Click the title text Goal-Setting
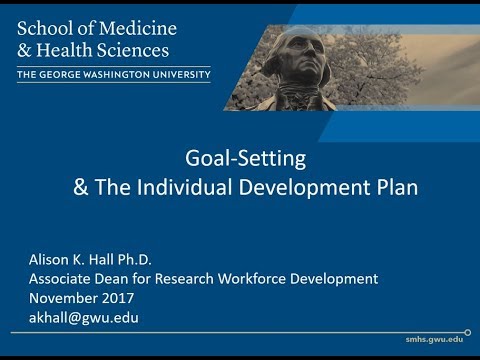pyautogui.click(x=239, y=157)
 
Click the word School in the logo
pyautogui.click(x=44, y=28)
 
